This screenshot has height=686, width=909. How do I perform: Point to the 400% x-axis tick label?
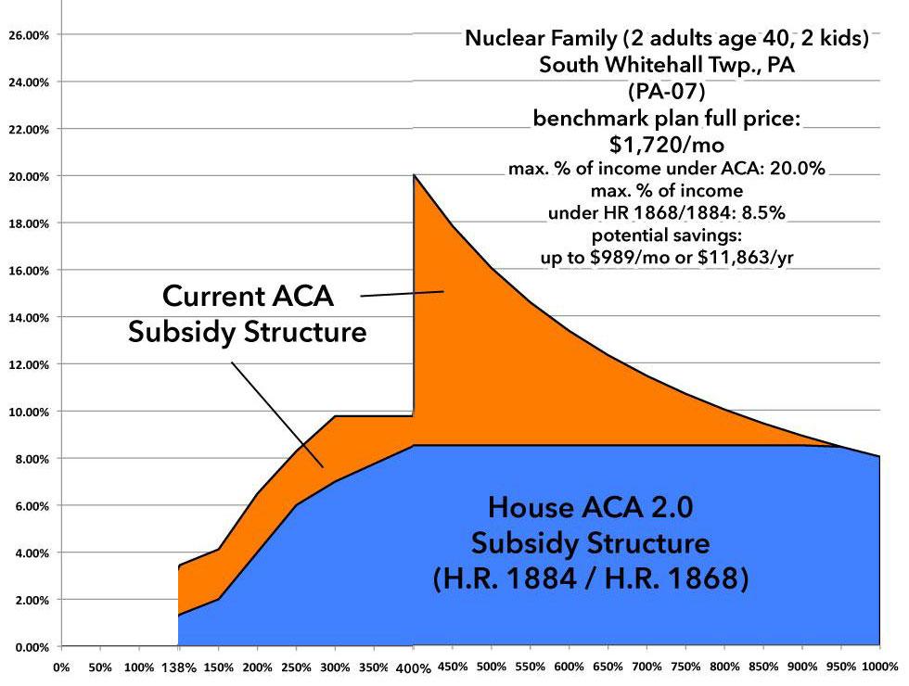(x=413, y=667)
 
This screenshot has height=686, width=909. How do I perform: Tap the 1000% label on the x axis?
(x=876, y=667)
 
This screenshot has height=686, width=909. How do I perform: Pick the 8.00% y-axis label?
(x=31, y=459)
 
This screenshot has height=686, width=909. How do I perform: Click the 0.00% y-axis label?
(x=31, y=647)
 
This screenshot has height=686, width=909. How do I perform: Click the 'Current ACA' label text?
(x=247, y=297)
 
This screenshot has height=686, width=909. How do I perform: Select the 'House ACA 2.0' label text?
(x=590, y=507)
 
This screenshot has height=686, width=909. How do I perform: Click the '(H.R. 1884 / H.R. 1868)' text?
(x=590, y=578)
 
